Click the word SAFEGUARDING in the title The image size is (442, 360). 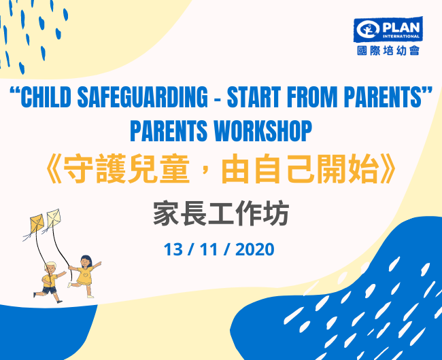[x=142, y=97]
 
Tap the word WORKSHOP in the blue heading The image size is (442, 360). [x=263, y=131]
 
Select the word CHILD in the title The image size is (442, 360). [x=46, y=97]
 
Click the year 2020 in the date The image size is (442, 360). [x=254, y=249]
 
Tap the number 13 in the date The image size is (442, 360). [x=173, y=249]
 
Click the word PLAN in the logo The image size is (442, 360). [x=401, y=28]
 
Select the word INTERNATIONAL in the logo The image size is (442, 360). [x=401, y=36]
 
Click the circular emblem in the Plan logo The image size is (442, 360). [x=368, y=29]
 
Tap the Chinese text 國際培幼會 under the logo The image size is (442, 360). [x=388, y=51]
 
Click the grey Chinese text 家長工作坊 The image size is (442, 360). [x=221, y=213]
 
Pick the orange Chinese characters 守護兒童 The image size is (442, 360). [x=126, y=169]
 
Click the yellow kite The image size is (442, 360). [x=37, y=223]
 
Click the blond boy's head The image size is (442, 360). [x=50, y=268]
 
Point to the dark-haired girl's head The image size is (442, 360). [x=86, y=262]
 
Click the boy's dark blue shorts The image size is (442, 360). [x=50, y=289]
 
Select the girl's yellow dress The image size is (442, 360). [x=85, y=276]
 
